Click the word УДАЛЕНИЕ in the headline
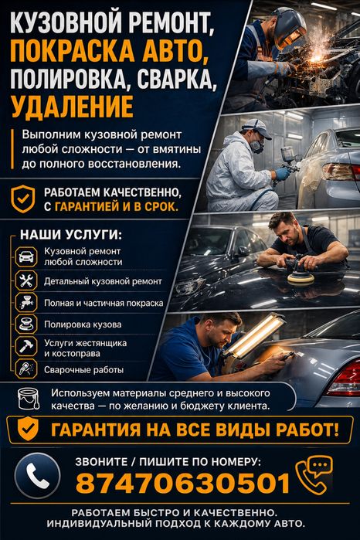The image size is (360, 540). (73, 107)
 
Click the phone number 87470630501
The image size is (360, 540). (183, 483)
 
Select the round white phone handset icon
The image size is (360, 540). (38, 476)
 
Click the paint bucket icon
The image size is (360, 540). (29, 399)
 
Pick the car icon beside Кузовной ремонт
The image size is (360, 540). (26, 256)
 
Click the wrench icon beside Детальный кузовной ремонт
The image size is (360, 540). (26, 280)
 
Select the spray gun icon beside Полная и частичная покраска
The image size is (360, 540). (26, 302)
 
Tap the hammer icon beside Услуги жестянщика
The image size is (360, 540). (26, 346)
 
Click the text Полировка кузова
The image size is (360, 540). (83, 324)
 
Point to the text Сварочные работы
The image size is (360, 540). (83, 370)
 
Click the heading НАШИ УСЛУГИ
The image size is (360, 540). (71, 235)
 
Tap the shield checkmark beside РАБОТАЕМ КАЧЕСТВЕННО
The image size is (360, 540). (22, 199)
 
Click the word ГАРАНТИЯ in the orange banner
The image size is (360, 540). (96, 430)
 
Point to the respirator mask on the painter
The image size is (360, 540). (257, 146)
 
